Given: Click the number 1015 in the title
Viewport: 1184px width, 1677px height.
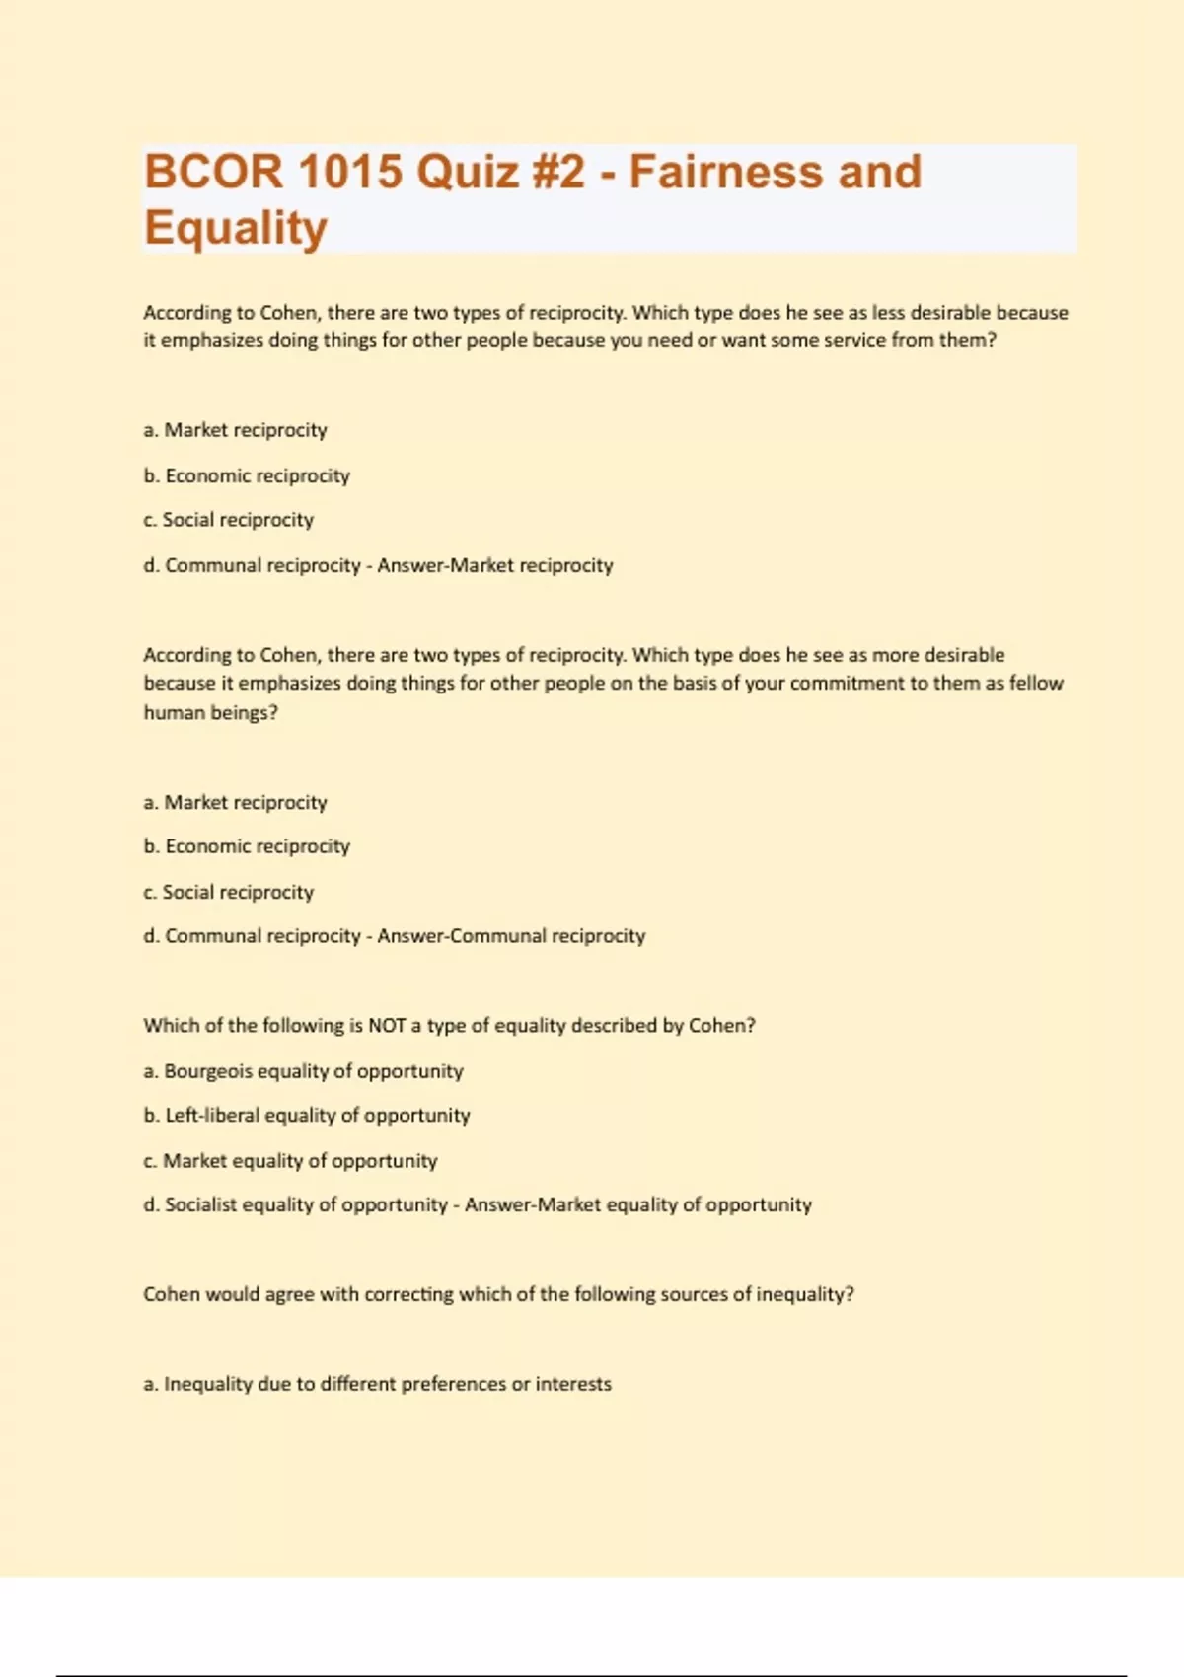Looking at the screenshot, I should [350, 172].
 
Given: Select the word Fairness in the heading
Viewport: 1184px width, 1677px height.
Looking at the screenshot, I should [725, 172].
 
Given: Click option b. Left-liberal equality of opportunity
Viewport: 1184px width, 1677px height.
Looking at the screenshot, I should [307, 1116].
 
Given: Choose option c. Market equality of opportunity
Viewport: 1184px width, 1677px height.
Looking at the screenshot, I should [290, 1161].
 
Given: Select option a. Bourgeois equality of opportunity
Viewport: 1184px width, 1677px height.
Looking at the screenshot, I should [303, 1071].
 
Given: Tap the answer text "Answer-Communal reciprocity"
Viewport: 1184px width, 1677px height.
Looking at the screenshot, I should [511, 936].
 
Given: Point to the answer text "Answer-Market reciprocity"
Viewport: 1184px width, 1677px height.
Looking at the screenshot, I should [494, 566].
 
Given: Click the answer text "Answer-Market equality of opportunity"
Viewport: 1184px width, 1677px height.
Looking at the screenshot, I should [638, 1205].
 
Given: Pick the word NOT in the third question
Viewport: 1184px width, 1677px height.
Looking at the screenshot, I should [387, 1026].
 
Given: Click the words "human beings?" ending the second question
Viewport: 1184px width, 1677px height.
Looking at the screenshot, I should [210, 713].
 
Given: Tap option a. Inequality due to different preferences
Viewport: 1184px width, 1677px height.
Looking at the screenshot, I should [377, 1385].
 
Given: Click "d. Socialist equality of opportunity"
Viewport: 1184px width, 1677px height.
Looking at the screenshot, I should [296, 1205].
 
